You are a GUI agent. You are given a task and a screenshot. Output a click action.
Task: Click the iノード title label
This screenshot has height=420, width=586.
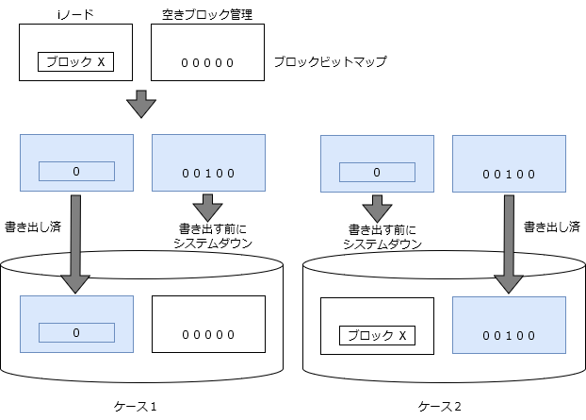pos(75,14)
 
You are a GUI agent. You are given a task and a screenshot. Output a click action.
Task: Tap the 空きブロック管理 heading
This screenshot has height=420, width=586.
pos(207,14)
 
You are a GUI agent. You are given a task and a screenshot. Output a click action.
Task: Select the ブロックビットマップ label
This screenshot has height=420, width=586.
pos(331,61)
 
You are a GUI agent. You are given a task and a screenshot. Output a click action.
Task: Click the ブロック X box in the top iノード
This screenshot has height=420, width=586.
pos(76,61)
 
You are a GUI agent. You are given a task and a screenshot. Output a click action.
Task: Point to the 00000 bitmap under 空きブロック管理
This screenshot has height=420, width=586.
pos(207,63)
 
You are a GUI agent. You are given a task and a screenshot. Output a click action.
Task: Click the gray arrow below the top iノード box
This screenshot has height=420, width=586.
pos(141,104)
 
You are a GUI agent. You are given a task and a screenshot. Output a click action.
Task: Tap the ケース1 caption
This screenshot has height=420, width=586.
pos(135,407)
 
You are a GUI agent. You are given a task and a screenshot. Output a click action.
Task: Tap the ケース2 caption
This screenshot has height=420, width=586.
pos(439,407)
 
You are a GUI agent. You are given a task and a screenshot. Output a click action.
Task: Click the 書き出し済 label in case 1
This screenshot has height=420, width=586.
pos(33,227)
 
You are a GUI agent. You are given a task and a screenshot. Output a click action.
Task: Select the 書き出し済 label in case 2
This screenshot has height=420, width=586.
pos(552,227)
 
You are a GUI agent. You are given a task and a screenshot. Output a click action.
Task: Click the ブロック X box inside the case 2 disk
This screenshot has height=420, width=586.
pos(377,335)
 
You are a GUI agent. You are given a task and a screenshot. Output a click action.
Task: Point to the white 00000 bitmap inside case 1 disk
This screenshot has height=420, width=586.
pos(208,324)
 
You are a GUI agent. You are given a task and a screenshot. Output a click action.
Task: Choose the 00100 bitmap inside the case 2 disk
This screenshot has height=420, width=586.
pos(509,325)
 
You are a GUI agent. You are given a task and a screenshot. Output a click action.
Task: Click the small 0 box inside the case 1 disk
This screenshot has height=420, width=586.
pos(76,332)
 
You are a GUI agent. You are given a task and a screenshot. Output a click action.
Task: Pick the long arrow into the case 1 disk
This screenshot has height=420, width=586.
pos(75,244)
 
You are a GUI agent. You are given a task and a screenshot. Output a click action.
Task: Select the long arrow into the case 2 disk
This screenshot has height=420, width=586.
pos(509,244)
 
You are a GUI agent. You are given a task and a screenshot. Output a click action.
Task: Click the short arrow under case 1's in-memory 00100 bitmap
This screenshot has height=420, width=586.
pos(208,208)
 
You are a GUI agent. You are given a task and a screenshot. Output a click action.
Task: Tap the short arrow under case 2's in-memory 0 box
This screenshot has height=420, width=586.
pos(377,209)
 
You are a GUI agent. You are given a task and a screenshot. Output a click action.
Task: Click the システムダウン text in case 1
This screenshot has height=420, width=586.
pos(213,244)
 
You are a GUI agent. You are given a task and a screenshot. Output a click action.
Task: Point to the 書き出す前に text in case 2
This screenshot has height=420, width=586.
pos(383,229)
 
